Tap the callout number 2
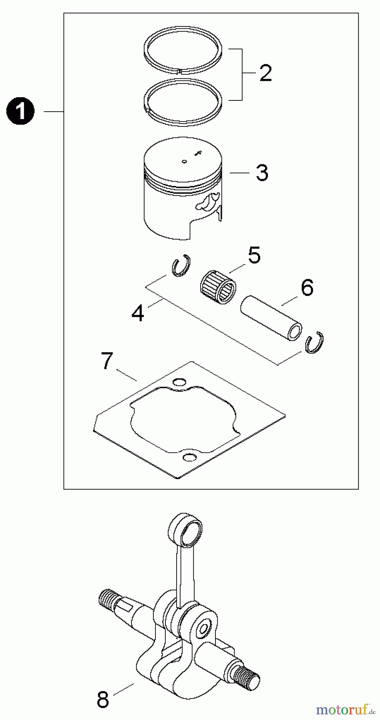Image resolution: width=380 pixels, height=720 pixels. [x=265, y=73]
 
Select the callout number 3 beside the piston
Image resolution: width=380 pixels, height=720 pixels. [x=262, y=172]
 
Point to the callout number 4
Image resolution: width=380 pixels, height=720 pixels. [x=137, y=313]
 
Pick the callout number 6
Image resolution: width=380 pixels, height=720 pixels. [x=307, y=288]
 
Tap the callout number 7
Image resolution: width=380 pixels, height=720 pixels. [x=106, y=362]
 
